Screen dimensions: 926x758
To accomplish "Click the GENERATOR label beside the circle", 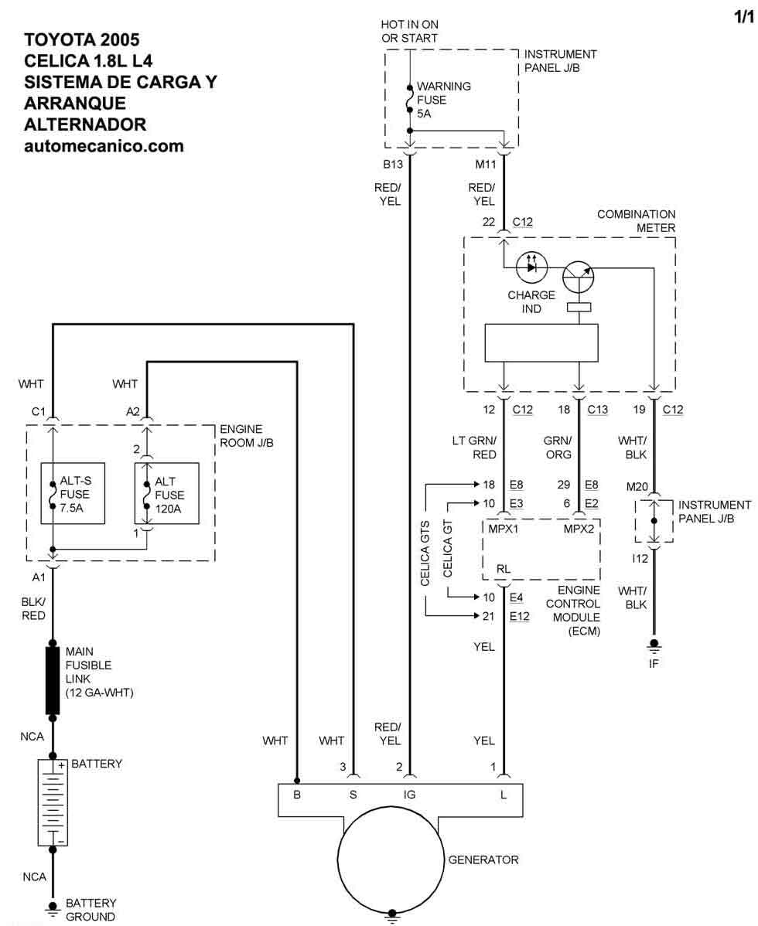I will pyautogui.click(x=483, y=860).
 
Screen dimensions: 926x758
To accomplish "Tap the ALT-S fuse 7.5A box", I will pyautogui.click(x=73, y=494).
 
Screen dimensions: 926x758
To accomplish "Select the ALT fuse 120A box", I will pyautogui.click(x=167, y=494).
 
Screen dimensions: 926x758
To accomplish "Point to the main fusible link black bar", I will pyautogui.click(x=53, y=680).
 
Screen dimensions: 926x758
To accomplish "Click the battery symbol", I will pyautogui.click(x=53, y=802).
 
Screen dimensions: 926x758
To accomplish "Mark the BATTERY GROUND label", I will pyautogui.click(x=90, y=909).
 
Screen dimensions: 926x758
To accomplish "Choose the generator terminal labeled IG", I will pyautogui.click(x=410, y=793).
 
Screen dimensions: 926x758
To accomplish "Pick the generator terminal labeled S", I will pyautogui.click(x=353, y=793).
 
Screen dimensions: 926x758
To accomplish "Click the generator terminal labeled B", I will pyautogui.click(x=297, y=793).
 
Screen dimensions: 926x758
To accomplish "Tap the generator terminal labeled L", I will pyautogui.click(x=504, y=793).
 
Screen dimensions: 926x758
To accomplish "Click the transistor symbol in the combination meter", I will pyautogui.click(x=579, y=275).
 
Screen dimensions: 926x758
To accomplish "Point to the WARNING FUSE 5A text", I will pyautogui.click(x=443, y=100).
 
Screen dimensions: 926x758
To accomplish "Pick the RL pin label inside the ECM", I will pyautogui.click(x=504, y=569).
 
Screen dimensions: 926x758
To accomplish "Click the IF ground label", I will pyautogui.click(x=654, y=662).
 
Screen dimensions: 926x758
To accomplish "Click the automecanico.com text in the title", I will pyautogui.click(x=104, y=145).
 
